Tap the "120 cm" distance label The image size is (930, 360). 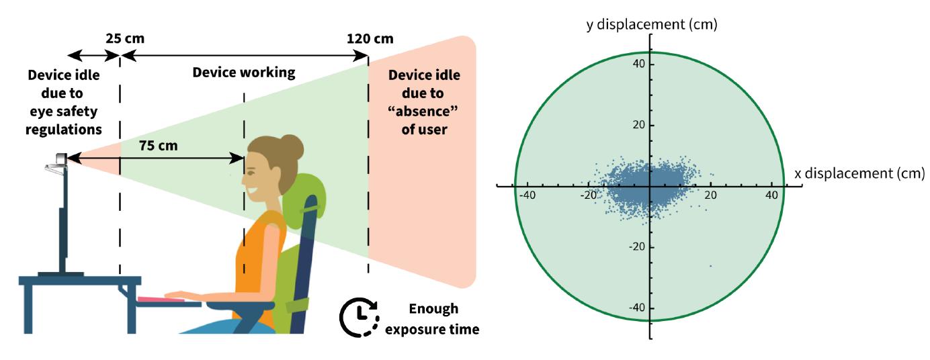coord(370,38)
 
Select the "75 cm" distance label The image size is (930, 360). coord(159,146)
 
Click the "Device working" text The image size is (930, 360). coord(243,73)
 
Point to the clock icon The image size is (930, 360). coord(359,318)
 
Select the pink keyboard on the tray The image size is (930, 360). coord(161,300)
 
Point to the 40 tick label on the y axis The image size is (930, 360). coord(638,64)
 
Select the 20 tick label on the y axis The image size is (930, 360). coord(638,125)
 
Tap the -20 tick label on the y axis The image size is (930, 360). coord(636,246)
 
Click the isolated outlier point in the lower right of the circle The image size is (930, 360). coord(710,266)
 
